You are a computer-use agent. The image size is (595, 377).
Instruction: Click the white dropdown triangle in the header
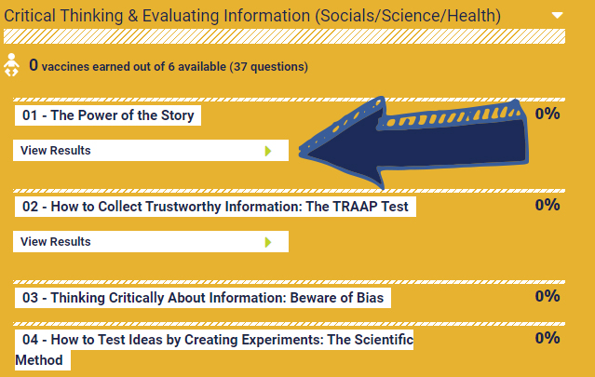pos(557,15)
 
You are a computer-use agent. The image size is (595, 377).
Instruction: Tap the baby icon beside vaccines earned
pos(11,65)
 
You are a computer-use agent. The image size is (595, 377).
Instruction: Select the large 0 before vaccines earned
pos(34,65)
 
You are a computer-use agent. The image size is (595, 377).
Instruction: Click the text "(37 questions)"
pos(269,67)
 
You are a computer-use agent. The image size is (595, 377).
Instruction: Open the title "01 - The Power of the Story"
pos(108,115)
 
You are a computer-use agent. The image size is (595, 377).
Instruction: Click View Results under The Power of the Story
pos(55,150)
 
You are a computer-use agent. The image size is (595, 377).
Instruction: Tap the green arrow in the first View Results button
pos(268,151)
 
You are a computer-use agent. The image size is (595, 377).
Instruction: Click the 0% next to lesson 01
pos(548,114)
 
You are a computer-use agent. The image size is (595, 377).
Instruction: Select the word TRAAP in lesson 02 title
pos(354,207)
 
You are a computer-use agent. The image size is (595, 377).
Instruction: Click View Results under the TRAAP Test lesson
pos(55,242)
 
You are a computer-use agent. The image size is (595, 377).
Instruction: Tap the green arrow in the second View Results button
pos(268,242)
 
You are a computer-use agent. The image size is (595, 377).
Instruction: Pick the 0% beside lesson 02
pos(548,205)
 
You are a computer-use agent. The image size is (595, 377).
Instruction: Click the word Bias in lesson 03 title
pos(370,298)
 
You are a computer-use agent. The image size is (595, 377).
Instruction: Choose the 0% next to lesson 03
pos(548,296)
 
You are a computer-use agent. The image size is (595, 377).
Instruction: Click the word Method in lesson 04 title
pos(39,360)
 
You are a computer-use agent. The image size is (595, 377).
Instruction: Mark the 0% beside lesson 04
pos(548,338)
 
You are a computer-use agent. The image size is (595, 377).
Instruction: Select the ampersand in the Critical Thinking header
pos(132,16)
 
